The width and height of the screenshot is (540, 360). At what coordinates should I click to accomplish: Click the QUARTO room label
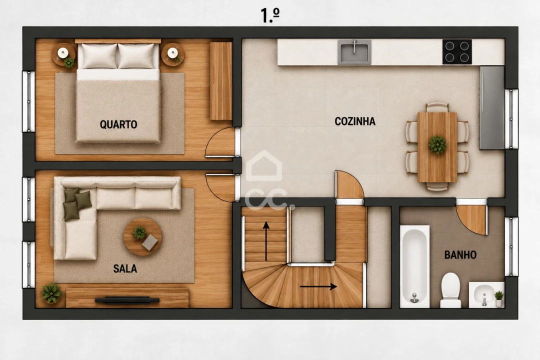[x=118, y=124]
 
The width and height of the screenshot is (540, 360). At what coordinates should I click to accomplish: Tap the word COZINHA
[x=355, y=121]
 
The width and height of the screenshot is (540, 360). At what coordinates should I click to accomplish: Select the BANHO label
[x=460, y=255]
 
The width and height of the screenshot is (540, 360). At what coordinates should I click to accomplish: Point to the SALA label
[x=125, y=268]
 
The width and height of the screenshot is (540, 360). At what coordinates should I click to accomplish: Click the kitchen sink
[x=354, y=52]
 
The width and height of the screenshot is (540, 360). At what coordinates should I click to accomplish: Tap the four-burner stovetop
[x=457, y=52]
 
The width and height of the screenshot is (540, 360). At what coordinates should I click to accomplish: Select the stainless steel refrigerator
[x=492, y=108]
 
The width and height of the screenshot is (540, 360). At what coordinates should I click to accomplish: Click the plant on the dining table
[x=437, y=144]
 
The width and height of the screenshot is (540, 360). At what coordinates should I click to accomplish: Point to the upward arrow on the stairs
[x=266, y=241]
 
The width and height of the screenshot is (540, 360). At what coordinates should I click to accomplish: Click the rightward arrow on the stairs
[x=318, y=286]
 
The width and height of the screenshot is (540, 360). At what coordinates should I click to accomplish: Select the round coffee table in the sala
[x=142, y=236]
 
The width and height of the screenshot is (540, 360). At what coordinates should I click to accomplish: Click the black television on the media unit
[x=127, y=299]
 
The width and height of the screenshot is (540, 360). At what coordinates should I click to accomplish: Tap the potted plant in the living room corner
[x=51, y=293]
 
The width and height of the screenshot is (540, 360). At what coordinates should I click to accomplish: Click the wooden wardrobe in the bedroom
[x=221, y=81]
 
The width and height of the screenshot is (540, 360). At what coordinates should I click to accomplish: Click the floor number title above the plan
[x=270, y=15]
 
